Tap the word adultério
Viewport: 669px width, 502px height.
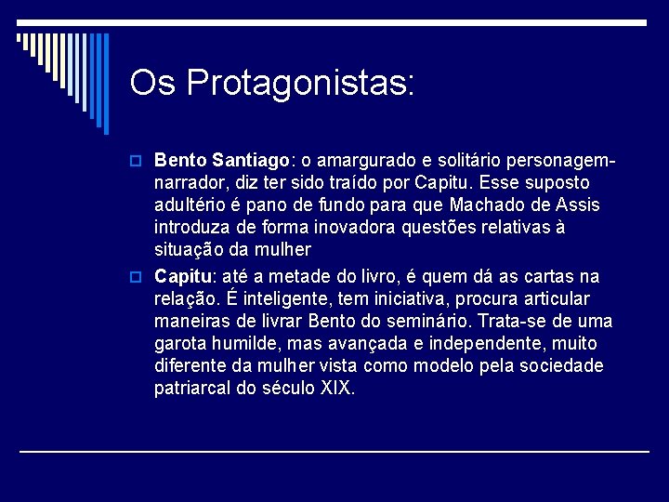[x=193, y=205]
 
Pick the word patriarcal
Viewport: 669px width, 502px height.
[x=192, y=388]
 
